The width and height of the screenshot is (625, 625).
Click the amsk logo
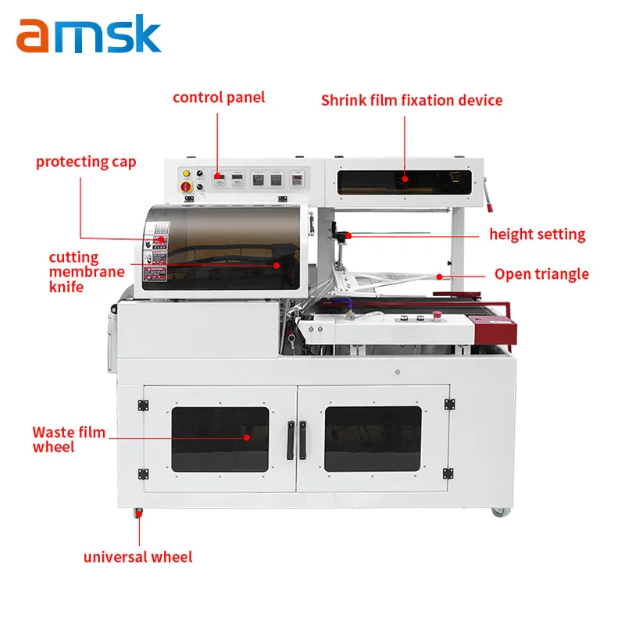88,35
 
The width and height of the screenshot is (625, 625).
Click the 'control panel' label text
219,98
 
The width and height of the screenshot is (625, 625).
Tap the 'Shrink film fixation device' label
412,101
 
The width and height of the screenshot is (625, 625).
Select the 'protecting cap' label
86,162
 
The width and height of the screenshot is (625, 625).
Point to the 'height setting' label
537,234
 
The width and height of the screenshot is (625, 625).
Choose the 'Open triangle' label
541,273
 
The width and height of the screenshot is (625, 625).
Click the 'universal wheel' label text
137,557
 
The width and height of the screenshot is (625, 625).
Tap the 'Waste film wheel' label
69,439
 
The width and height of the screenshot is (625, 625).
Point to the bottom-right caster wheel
498,512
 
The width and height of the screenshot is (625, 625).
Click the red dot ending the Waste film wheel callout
247,437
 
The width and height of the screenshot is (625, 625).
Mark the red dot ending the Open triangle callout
441,276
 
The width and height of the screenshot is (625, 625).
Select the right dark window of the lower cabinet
373,439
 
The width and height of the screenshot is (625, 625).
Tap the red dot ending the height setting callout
349,234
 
